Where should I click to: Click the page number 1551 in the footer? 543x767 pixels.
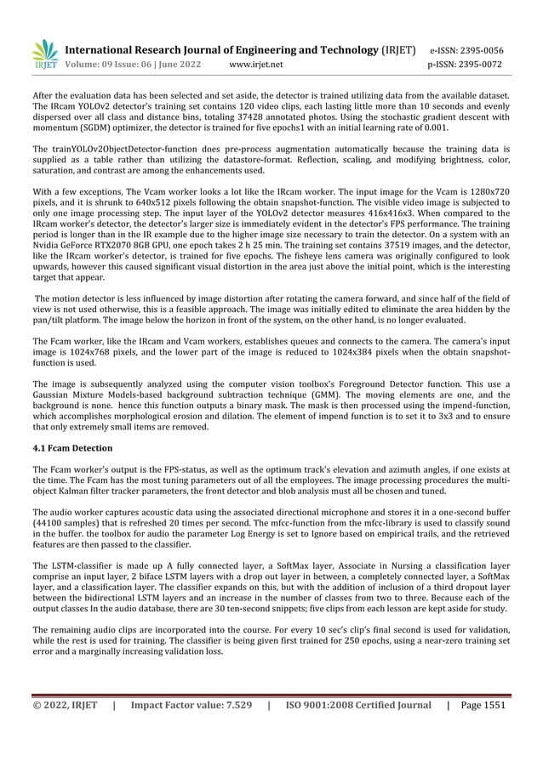tap(494, 704)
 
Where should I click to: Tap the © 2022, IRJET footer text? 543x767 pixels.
tap(65, 704)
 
